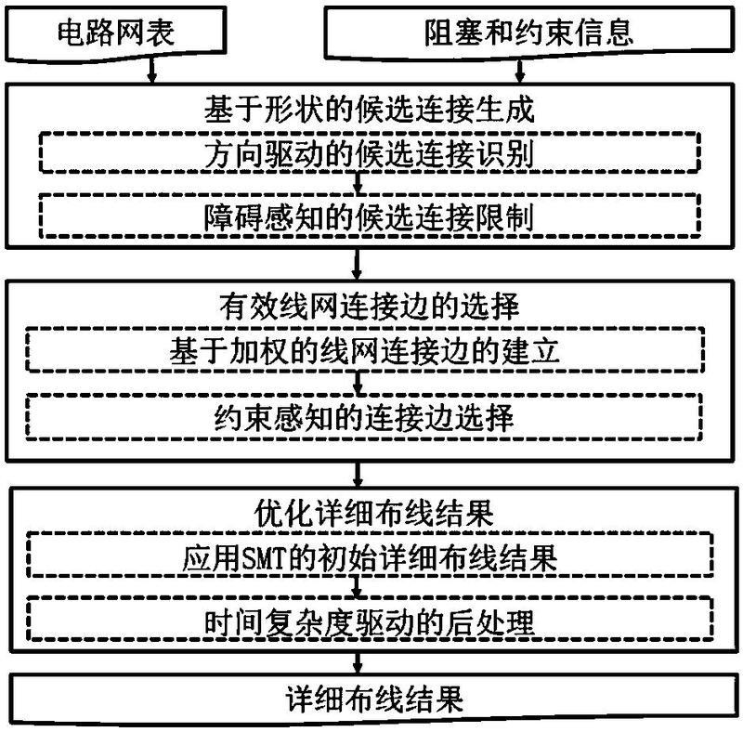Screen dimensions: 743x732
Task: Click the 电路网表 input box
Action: click(115, 33)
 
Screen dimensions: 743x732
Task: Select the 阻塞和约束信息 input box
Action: click(528, 33)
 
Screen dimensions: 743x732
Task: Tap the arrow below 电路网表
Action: click(151, 71)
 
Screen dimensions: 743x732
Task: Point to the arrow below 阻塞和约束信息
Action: click(520, 72)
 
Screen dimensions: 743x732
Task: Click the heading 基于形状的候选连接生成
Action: click(370, 109)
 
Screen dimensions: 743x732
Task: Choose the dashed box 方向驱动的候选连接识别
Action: click(370, 152)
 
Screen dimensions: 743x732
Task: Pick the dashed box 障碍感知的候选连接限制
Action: click(370, 216)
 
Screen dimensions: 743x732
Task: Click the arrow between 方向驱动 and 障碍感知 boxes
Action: click(358, 183)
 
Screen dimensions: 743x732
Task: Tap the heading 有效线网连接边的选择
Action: click(370, 307)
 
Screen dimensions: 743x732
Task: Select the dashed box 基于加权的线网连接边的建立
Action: click(365, 350)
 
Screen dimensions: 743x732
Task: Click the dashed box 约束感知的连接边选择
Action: click(364, 417)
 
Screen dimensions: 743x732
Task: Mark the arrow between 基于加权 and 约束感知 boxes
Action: click(358, 383)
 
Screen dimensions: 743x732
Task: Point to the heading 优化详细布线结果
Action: click(374, 513)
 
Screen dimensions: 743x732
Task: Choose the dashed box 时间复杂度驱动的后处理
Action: click(371, 621)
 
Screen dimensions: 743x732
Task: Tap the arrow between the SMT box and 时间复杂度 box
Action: click(357, 586)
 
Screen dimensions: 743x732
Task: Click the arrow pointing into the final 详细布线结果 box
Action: click(358, 662)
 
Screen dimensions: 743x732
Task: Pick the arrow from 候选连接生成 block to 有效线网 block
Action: click(357, 264)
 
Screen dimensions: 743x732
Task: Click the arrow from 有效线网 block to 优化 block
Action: click(358, 473)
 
